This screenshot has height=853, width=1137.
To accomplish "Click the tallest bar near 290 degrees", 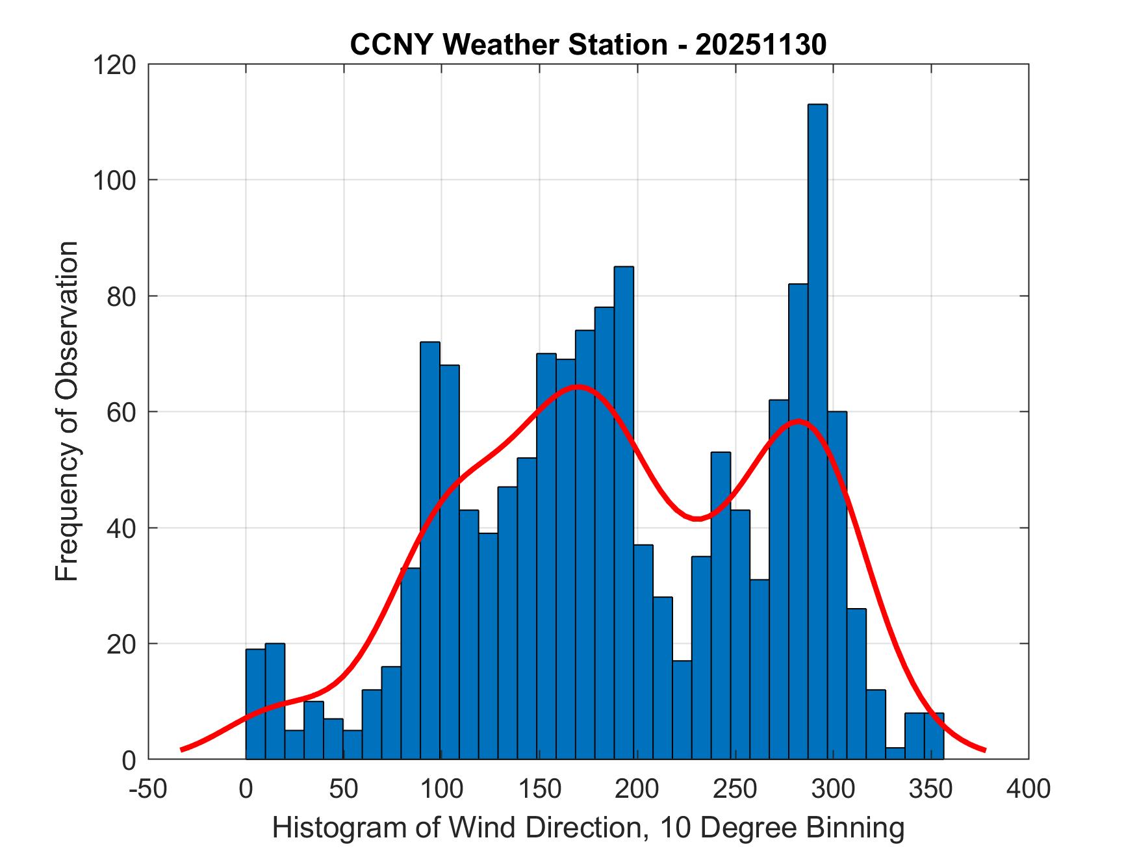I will (x=817, y=431).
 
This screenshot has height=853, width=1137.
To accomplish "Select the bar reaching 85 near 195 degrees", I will (x=624, y=513).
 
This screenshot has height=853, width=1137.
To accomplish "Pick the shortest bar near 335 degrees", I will (x=895, y=754).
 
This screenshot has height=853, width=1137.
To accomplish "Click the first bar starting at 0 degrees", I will (x=255, y=704).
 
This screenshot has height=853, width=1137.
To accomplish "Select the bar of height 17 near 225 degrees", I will (x=682, y=710).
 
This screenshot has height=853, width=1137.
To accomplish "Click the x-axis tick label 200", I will (x=637, y=789).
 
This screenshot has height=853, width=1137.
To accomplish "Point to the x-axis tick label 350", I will (x=931, y=789).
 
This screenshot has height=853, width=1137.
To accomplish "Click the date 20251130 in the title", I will (x=761, y=45).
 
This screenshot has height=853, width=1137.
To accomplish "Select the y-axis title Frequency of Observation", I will (x=67, y=411).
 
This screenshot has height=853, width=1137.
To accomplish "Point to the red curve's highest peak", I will (x=578, y=387).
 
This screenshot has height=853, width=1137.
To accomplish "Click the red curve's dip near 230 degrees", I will (x=696, y=518).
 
